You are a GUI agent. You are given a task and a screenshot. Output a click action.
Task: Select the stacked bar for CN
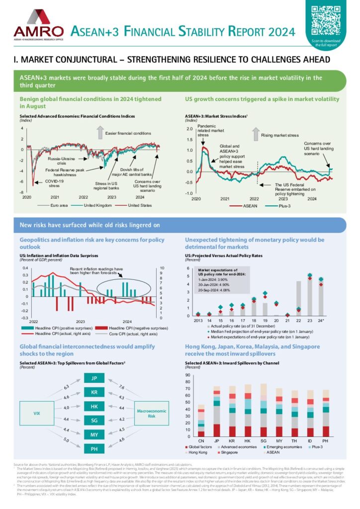pyautogui.click(x=201, y=421)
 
